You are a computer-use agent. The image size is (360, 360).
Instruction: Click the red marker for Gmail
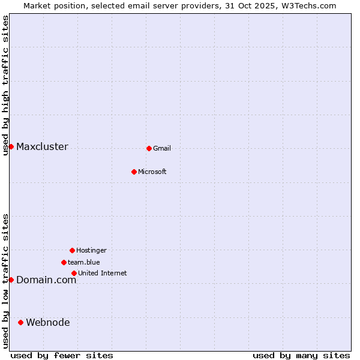click(x=149, y=148)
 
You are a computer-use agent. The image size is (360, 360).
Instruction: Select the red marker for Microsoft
click(x=134, y=172)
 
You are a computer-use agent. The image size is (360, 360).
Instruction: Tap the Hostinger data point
click(x=72, y=250)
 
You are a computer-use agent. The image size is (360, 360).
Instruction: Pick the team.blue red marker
click(x=64, y=262)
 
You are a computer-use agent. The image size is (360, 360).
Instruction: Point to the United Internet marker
click(x=74, y=273)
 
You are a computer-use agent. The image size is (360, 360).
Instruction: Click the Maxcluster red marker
click(x=11, y=146)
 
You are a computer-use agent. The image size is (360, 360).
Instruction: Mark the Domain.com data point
click(x=11, y=280)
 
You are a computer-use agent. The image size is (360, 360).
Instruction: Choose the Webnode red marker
click(x=20, y=322)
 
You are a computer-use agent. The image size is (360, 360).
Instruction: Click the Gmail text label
click(x=162, y=148)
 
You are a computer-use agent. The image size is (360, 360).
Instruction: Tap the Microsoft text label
click(x=152, y=172)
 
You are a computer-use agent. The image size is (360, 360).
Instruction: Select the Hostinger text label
click(x=91, y=250)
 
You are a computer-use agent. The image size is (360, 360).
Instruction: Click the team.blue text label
click(x=84, y=262)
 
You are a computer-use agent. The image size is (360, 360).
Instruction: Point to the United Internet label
click(x=103, y=273)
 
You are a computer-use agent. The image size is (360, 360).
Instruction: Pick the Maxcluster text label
click(x=42, y=146)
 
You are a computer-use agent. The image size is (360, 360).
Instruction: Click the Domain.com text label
click(x=46, y=280)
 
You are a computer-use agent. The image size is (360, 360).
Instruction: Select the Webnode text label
click(x=48, y=322)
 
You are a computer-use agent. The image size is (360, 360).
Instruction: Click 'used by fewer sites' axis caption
click(x=62, y=355)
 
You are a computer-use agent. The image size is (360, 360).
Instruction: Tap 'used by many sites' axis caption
click(x=301, y=355)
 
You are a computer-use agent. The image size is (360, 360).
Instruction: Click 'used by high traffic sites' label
click(x=6, y=85)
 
